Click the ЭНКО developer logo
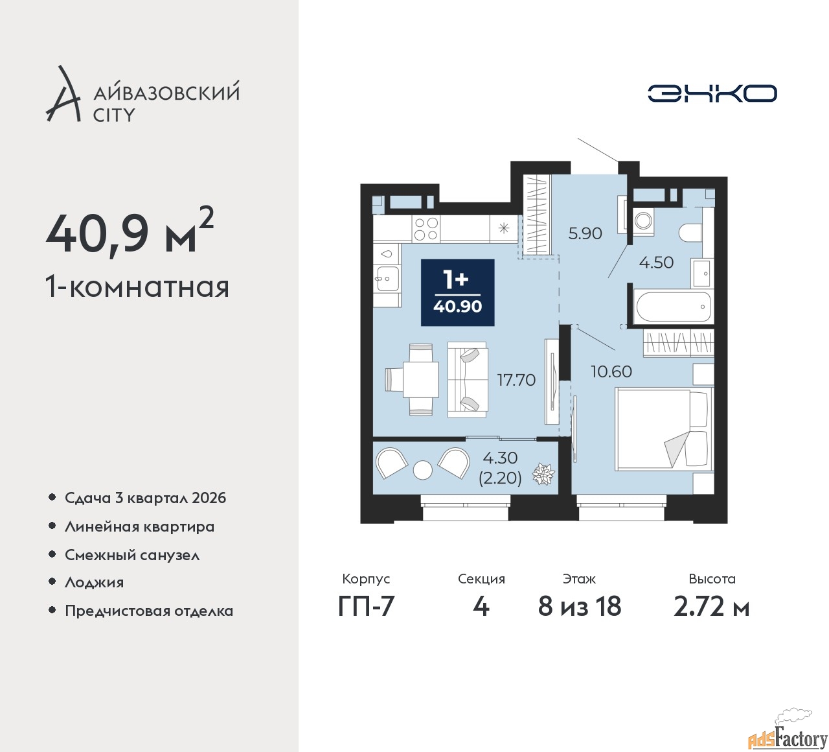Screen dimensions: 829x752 [712, 93]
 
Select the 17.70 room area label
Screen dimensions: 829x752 [516, 380]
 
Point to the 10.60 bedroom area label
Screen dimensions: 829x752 [611, 371]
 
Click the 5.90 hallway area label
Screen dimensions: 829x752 [585, 234]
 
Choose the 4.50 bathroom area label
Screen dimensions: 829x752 [656, 263]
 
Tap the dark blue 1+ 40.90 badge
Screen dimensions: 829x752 [457, 292]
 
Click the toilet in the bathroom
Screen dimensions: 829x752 [690, 233]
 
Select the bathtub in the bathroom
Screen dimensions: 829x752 [673, 307]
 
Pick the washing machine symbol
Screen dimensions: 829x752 [643, 221]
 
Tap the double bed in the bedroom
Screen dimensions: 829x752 [664, 429]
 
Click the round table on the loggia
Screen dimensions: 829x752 [423, 469]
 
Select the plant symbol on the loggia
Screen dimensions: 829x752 [543, 474]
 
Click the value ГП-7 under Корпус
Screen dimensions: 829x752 [366, 607]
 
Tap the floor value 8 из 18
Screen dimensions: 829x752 [580, 607]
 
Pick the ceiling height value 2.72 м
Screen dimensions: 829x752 [711, 607]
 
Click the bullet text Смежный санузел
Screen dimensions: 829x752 [132, 555]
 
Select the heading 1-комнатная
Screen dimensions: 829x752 [137, 287]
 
